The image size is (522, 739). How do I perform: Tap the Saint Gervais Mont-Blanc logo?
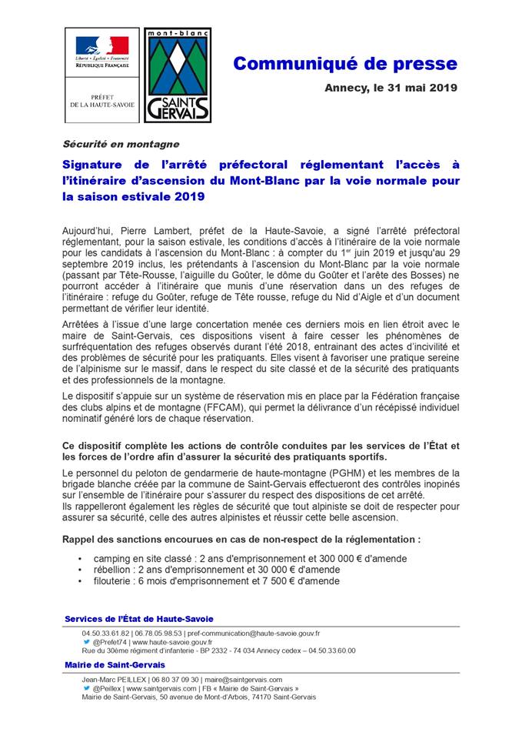click(x=178, y=75)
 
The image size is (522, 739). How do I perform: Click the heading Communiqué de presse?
click(x=345, y=64)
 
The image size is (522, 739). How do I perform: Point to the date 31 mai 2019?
click(x=417, y=88)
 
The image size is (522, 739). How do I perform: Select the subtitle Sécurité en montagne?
click(x=121, y=144)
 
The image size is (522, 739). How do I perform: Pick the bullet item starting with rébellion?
click(x=216, y=570)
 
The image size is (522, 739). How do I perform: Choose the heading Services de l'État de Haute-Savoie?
click(x=139, y=619)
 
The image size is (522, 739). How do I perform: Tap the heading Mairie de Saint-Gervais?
click(x=115, y=664)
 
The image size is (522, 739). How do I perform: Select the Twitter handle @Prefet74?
click(x=110, y=641)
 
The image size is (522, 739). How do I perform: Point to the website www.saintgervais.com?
click(x=166, y=688)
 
